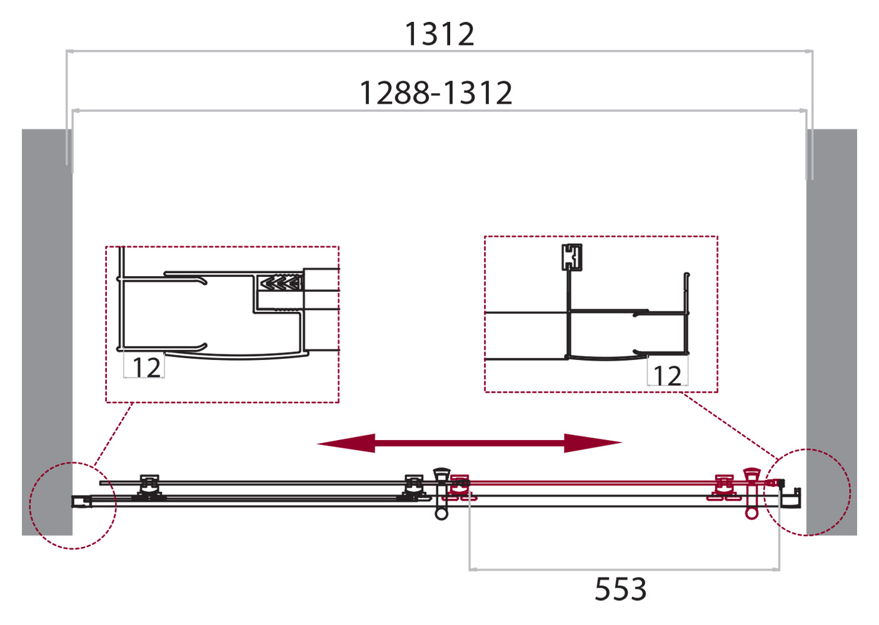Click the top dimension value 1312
click(439, 34)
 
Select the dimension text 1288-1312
click(436, 93)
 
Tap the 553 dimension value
click(620, 589)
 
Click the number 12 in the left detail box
click(146, 367)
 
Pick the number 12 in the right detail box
click(667, 376)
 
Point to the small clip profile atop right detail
click(571, 257)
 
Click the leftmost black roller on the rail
click(149, 486)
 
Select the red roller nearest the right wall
click(724, 486)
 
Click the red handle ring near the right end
click(751, 513)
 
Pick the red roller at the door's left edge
click(460, 487)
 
